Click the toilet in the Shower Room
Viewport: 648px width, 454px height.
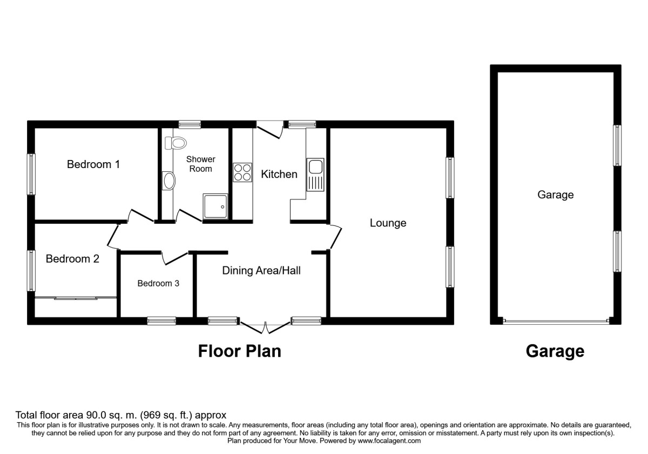(x=175, y=143)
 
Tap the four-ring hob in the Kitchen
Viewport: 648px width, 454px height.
(x=242, y=172)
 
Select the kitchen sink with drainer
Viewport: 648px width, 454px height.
(x=315, y=175)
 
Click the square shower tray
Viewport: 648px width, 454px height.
(x=215, y=206)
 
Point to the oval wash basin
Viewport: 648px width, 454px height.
(x=168, y=181)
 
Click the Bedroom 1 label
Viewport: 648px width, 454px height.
(x=93, y=164)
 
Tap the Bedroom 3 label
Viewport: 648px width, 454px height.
(x=158, y=283)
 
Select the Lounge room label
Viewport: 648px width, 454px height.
(x=388, y=223)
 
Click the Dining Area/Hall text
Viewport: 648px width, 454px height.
(x=261, y=270)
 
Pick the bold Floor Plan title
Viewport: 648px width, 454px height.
(x=240, y=351)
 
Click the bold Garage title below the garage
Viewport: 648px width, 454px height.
(x=555, y=351)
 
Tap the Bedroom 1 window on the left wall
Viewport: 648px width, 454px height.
(x=31, y=174)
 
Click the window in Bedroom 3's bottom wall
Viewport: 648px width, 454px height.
(x=161, y=321)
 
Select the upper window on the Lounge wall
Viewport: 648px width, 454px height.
(x=450, y=178)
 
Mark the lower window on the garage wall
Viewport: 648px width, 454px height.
(x=617, y=251)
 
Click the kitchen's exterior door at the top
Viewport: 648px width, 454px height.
(x=270, y=129)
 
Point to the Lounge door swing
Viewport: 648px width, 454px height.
(x=335, y=237)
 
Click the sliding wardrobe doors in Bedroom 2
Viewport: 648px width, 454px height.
(x=76, y=298)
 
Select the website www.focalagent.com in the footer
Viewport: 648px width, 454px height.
(x=389, y=440)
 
